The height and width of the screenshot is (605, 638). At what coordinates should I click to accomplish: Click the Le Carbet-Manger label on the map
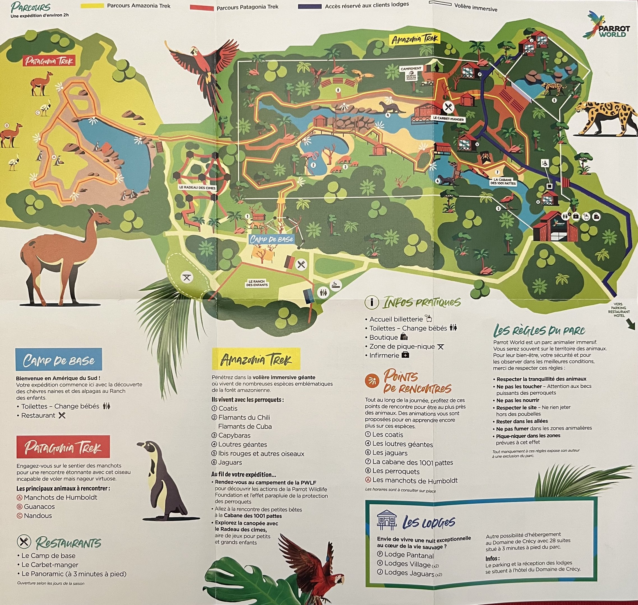pyautogui.click(x=449, y=119)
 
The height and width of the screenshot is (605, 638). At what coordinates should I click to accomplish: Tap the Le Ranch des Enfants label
pyautogui.click(x=257, y=283)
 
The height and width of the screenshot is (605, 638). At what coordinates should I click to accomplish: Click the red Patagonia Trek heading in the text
pyautogui.click(x=63, y=447)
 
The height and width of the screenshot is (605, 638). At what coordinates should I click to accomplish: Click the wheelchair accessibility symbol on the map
pyautogui.click(x=545, y=164)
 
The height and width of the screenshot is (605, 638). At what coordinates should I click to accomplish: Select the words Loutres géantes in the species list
pyautogui.click(x=243, y=445)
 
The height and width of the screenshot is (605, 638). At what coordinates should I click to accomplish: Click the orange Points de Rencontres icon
pyautogui.click(x=372, y=381)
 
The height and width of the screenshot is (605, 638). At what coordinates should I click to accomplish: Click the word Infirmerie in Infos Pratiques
pyautogui.click(x=384, y=355)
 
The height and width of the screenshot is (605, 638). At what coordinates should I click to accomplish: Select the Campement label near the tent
pyautogui.click(x=411, y=69)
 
